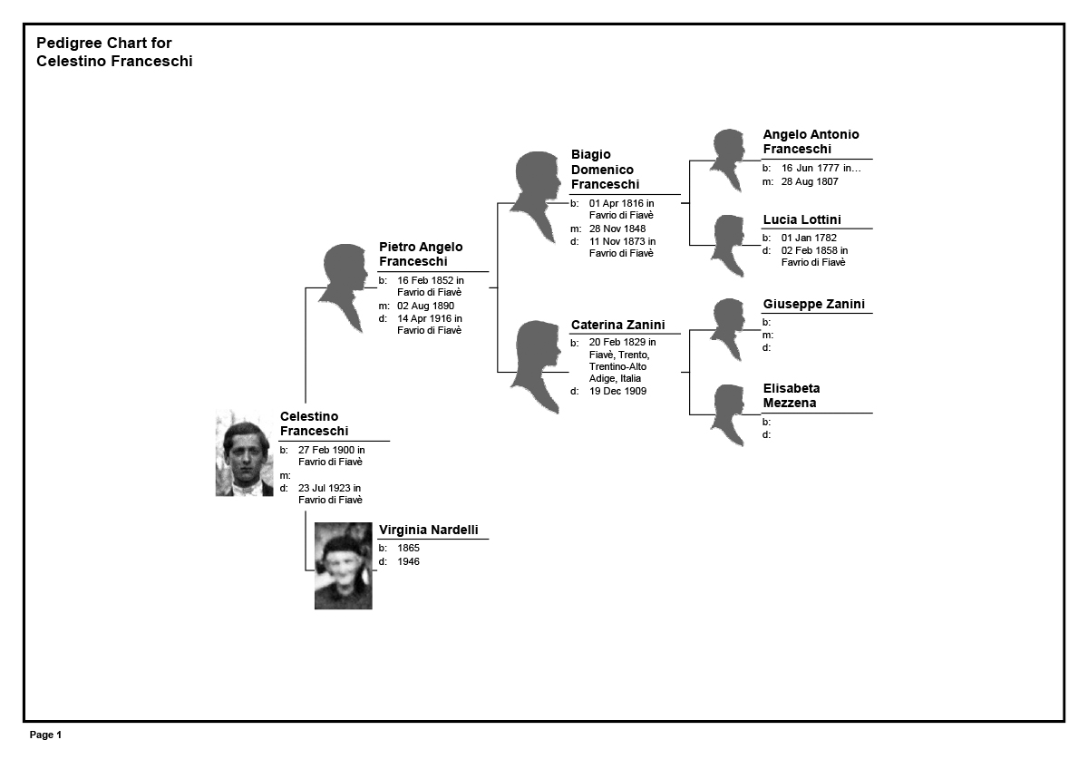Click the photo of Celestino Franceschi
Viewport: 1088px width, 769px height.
244,453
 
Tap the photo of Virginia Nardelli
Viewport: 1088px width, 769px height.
344,566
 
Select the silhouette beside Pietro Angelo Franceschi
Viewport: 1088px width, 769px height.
344,288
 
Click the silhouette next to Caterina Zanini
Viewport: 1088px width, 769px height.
536,367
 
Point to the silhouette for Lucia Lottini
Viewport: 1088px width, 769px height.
727,246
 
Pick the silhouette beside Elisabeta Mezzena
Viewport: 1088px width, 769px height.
727,415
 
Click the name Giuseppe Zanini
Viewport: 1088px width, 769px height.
813,304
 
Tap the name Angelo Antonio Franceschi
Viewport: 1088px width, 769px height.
811,141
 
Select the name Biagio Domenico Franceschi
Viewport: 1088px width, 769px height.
605,170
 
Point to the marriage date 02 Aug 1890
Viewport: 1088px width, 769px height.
425,306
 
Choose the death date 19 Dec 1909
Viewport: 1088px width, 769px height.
617,391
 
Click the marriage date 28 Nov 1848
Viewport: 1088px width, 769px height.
617,229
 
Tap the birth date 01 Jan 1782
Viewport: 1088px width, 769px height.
809,238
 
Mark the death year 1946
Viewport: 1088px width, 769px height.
408,561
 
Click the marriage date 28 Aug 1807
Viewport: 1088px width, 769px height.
810,181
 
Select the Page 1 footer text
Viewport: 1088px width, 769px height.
45,735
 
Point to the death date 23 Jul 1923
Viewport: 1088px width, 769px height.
324,488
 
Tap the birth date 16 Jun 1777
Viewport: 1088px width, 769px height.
810,168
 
